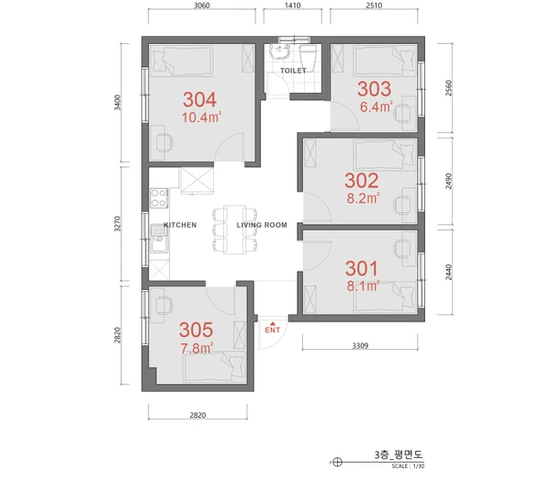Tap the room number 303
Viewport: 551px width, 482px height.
point(375,89)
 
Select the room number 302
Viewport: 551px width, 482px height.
point(361,179)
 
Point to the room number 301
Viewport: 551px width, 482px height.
point(362,268)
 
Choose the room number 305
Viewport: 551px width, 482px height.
point(197,330)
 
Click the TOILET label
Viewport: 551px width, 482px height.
point(293,70)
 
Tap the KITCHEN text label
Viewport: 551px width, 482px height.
point(180,225)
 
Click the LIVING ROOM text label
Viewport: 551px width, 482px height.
point(262,225)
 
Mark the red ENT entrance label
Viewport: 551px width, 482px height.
point(272,329)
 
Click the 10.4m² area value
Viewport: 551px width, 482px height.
point(201,118)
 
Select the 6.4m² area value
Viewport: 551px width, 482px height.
point(376,106)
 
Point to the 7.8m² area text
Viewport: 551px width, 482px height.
point(197,348)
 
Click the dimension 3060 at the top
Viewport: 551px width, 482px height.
point(203,6)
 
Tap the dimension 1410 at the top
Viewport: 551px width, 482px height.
point(293,6)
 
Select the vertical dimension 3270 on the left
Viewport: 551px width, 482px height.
point(117,225)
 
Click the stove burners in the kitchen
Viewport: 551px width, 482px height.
point(158,196)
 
